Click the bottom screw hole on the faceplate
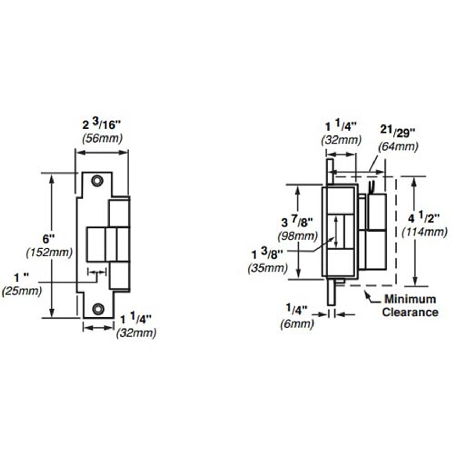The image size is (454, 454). pyautogui.click(x=98, y=309)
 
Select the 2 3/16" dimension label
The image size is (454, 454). pyautogui.click(x=102, y=125)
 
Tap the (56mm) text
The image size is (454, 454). pyautogui.click(x=102, y=138)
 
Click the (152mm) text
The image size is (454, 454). pyautogui.click(x=49, y=253)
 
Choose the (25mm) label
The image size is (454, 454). pyautogui.click(x=22, y=291)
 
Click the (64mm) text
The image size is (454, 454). pyautogui.click(x=398, y=146)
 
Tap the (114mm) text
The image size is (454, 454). pyautogui.click(x=424, y=232)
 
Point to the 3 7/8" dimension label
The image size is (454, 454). pyautogui.click(x=297, y=222)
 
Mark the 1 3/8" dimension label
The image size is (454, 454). pyautogui.click(x=268, y=254)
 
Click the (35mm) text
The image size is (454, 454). pyautogui.click(x=267, y=268)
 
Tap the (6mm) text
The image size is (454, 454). pyautogui.click(x=297, y=323)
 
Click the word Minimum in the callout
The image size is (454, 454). pyautogui.click(x=410, y=299)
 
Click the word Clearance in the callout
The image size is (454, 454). pyautogui.click(x=410, y=312)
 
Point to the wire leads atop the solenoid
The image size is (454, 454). pyautogui.click(x=372, y=187)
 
